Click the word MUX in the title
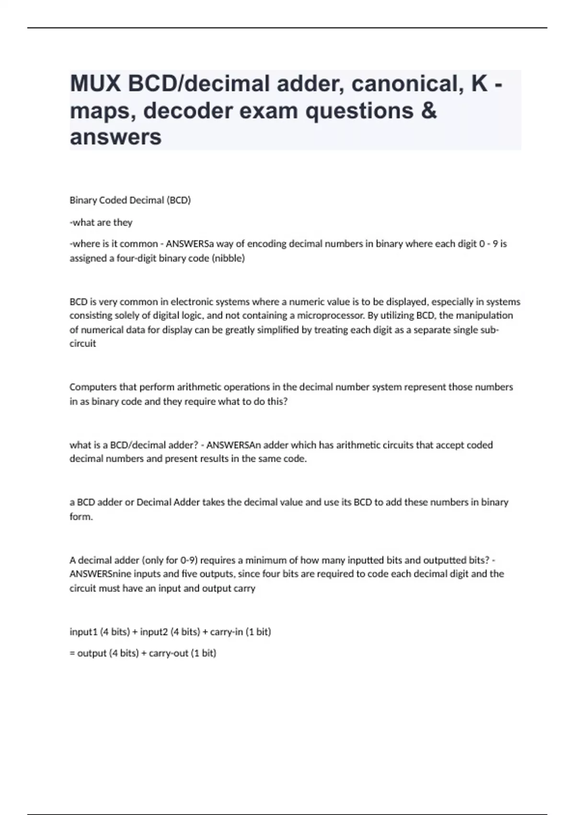coord(95,84)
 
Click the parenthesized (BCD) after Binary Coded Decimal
coord(178,200)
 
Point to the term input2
coord(154,632)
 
